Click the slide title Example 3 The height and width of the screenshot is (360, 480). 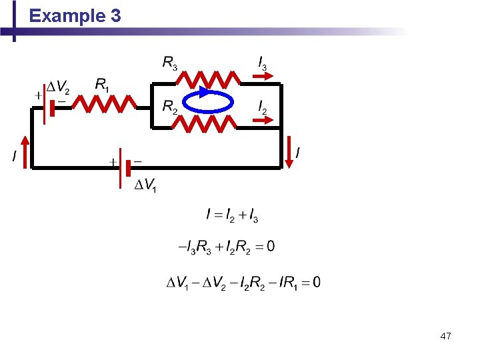point(75,16)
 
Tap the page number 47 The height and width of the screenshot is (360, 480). point(445,337)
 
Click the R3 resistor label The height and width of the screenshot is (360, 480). point(171,63)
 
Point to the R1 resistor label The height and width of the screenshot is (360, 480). point(103,85)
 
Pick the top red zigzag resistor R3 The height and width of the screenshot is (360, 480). point(208,80)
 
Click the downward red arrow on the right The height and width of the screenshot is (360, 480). point(289,151)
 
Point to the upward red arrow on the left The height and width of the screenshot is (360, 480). point(25,151)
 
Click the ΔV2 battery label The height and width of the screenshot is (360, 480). point(57,87)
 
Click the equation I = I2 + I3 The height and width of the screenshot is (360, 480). point(232,215)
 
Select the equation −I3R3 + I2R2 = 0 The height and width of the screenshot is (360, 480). point(226,247)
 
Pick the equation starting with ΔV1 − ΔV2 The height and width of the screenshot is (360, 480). point(243,282)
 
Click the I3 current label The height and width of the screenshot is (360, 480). point(263,63)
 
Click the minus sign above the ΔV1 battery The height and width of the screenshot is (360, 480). point(137,161)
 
